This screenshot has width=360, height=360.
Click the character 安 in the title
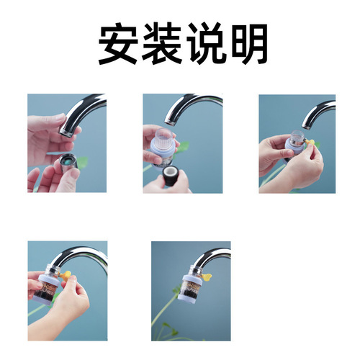(119, 45)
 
